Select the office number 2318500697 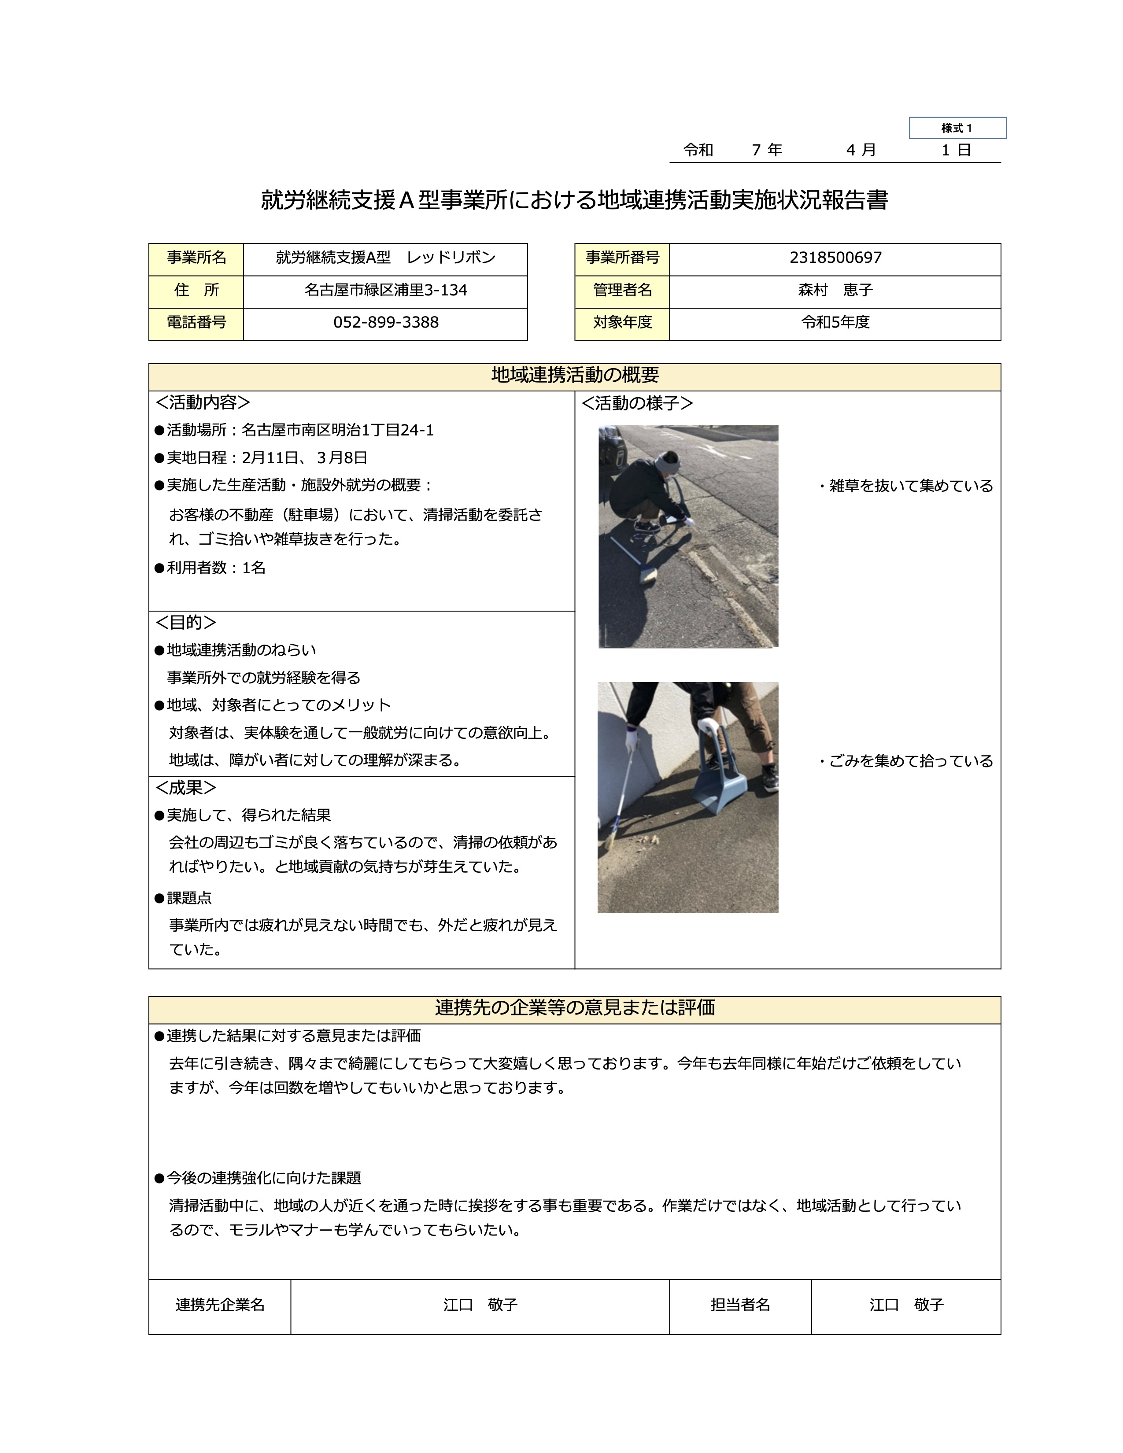click(835, 258)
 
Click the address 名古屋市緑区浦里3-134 click(386, 291)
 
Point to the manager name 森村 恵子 click(835, 291)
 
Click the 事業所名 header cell click(196, 258)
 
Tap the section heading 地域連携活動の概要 click(574, 376)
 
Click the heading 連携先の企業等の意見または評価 click(574, 1008)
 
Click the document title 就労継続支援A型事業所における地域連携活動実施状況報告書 click(574, 201)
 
